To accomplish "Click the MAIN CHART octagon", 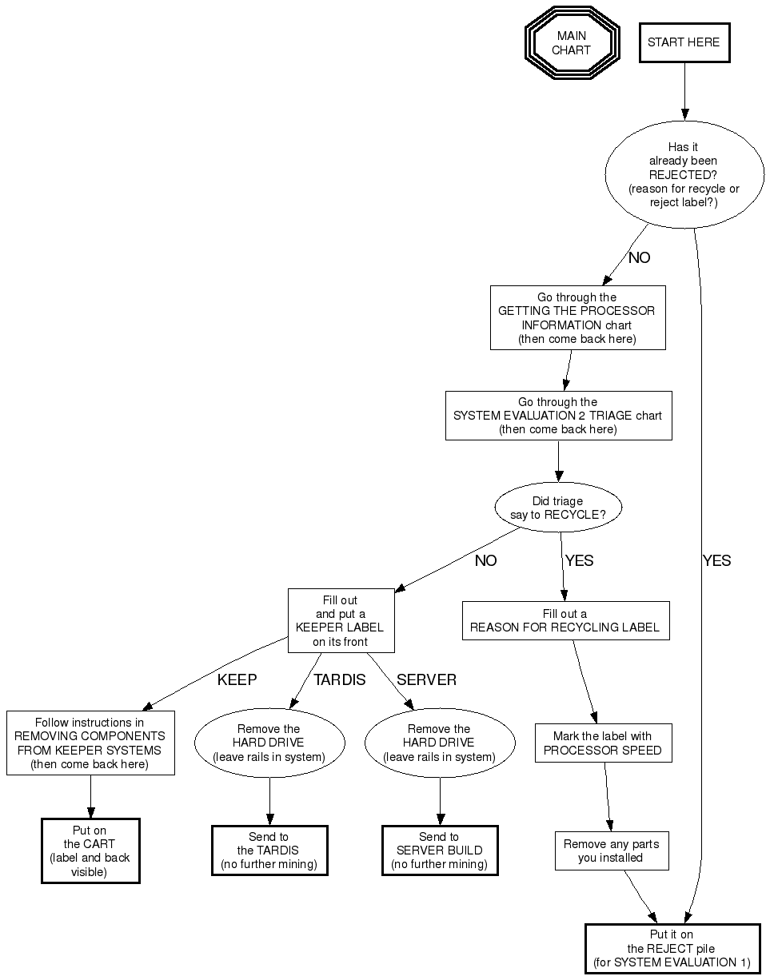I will (572, 42).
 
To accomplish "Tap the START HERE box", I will (684, 42).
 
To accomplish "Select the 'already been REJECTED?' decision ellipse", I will (684, 175).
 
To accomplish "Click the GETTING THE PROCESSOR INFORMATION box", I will (577, 318).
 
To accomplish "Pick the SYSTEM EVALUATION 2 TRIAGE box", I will (558, 416).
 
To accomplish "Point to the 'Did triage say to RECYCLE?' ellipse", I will (558, 508).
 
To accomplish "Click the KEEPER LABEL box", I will (341, 620).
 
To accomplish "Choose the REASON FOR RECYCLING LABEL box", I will (565, 621).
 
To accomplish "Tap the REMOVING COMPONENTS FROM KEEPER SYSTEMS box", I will (90, 743).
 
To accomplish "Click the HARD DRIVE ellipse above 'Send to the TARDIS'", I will (269, 743).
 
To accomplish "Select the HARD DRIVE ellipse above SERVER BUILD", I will (439, 743).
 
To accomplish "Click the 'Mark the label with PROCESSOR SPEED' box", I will (603, 743).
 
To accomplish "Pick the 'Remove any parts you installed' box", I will (611, 851).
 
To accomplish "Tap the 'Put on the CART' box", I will (90, 851).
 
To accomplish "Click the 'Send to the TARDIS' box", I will (269, 851).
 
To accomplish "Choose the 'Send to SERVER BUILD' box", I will (439, 851).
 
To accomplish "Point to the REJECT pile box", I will (672, 949).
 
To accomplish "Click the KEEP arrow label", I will (237, 680).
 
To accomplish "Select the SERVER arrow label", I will (426, 680).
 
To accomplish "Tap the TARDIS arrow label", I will (339, 680).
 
